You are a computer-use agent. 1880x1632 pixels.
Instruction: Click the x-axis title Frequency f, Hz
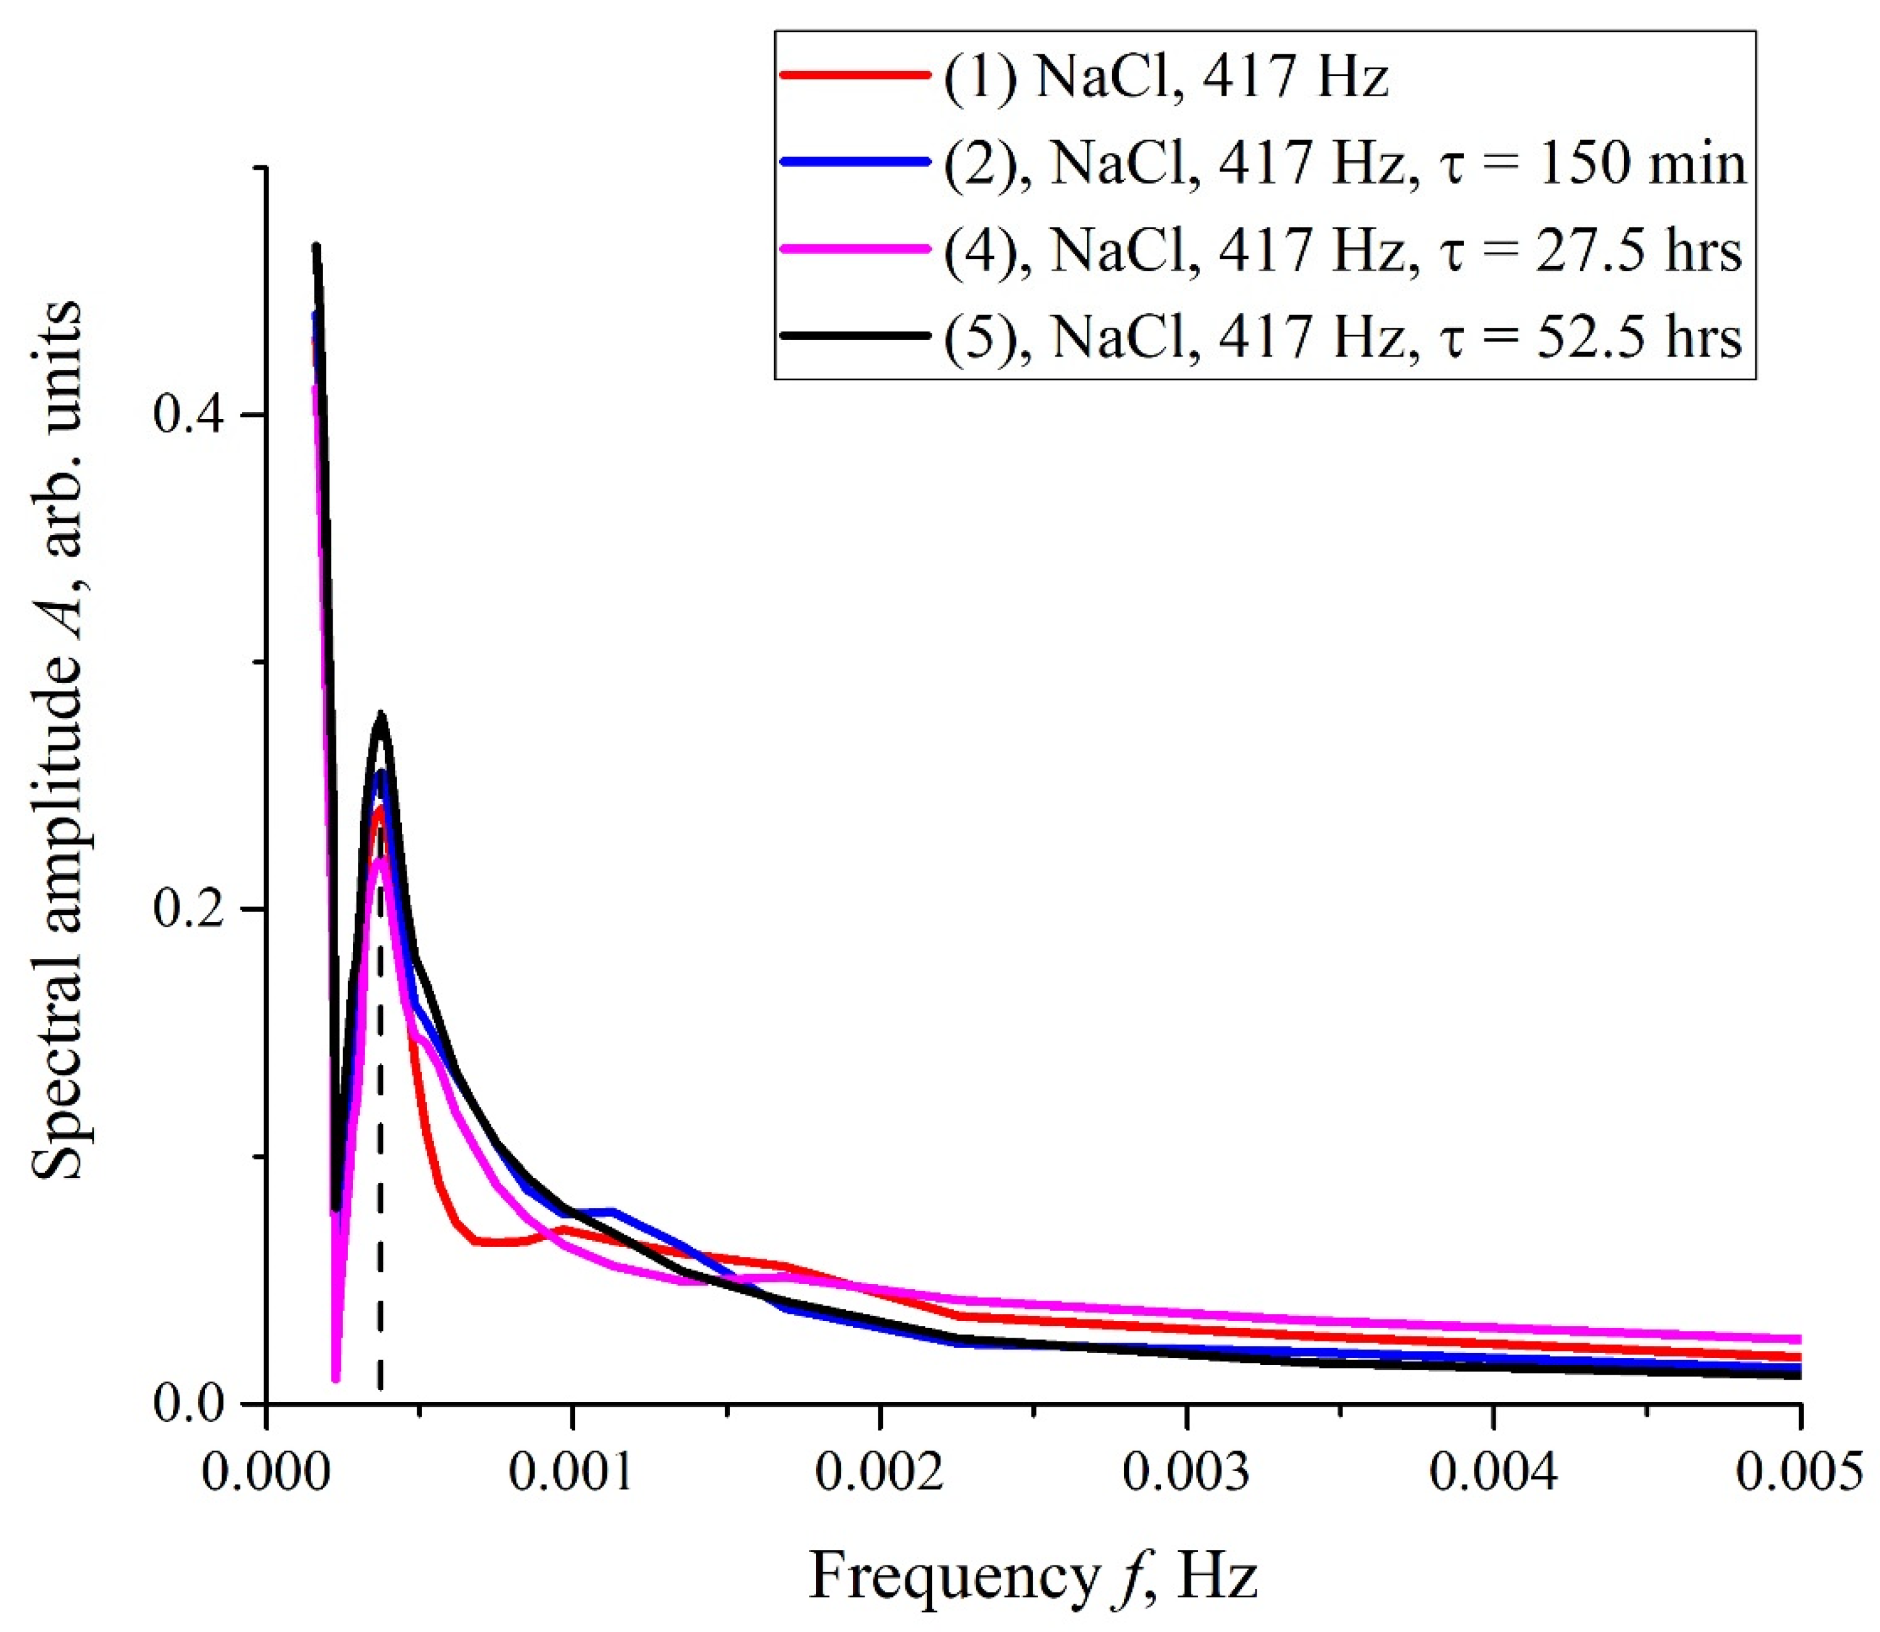coord(1033,1577)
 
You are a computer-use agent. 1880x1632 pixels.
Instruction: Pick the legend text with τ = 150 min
coord(1344,165)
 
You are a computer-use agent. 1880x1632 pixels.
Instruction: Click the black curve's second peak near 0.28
coord(381,715)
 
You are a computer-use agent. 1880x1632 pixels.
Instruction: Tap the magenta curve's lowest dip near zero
coord(335,1379)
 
